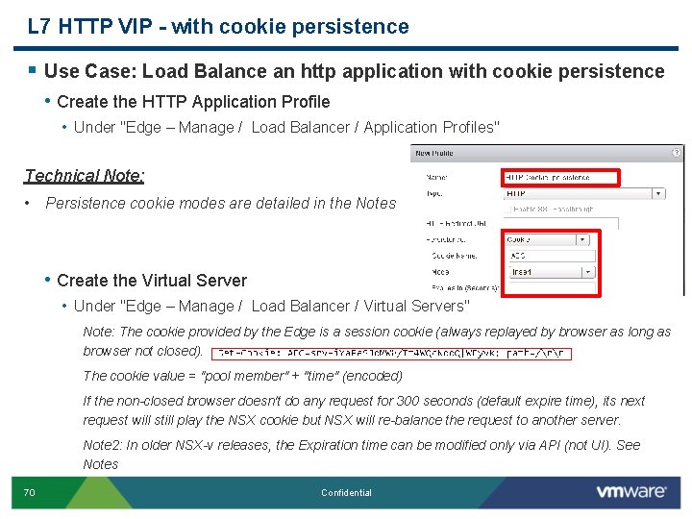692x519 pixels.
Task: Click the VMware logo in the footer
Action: click(630, 491)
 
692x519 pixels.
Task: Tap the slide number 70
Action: click(29, 493)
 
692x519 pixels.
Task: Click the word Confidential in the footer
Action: click(346, 493)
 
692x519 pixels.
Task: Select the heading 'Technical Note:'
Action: click(85, 175)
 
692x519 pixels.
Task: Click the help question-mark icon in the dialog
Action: click(679, 153)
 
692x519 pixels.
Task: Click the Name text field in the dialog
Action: click(561, 177)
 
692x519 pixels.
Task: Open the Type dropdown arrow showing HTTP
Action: click(657, 193)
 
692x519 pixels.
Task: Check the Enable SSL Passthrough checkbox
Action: click(509, 209)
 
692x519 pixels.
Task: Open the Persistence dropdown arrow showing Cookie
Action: click(583, 240)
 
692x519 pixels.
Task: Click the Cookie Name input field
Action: click(550, 256)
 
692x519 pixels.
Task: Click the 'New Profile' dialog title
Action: click(434, 154)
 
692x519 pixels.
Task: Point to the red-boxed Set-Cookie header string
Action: click(393, 353)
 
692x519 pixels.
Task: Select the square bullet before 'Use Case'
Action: click(32, 70)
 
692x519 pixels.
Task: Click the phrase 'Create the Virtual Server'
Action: click(152, 281)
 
